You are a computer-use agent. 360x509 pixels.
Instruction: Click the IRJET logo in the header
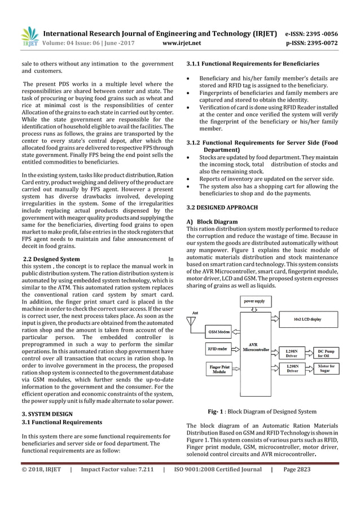[29, 36]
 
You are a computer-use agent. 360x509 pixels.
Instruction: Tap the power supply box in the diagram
[254, 302]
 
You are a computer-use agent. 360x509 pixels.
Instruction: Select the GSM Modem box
[219, 331]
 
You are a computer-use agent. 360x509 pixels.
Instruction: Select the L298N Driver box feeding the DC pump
[292, 353]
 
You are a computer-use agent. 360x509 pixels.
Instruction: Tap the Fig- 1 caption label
[217, 411]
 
